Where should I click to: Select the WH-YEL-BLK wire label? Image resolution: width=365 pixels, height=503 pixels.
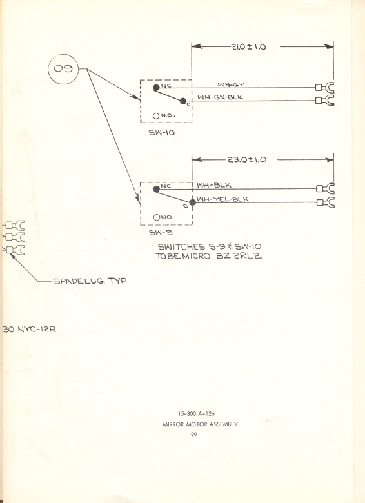[222, 200]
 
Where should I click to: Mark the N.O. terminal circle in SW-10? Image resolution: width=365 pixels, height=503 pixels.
[156, 116]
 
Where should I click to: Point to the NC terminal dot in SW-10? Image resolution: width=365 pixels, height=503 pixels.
[155, 87]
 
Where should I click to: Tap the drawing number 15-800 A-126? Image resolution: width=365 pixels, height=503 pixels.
[199, 413]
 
